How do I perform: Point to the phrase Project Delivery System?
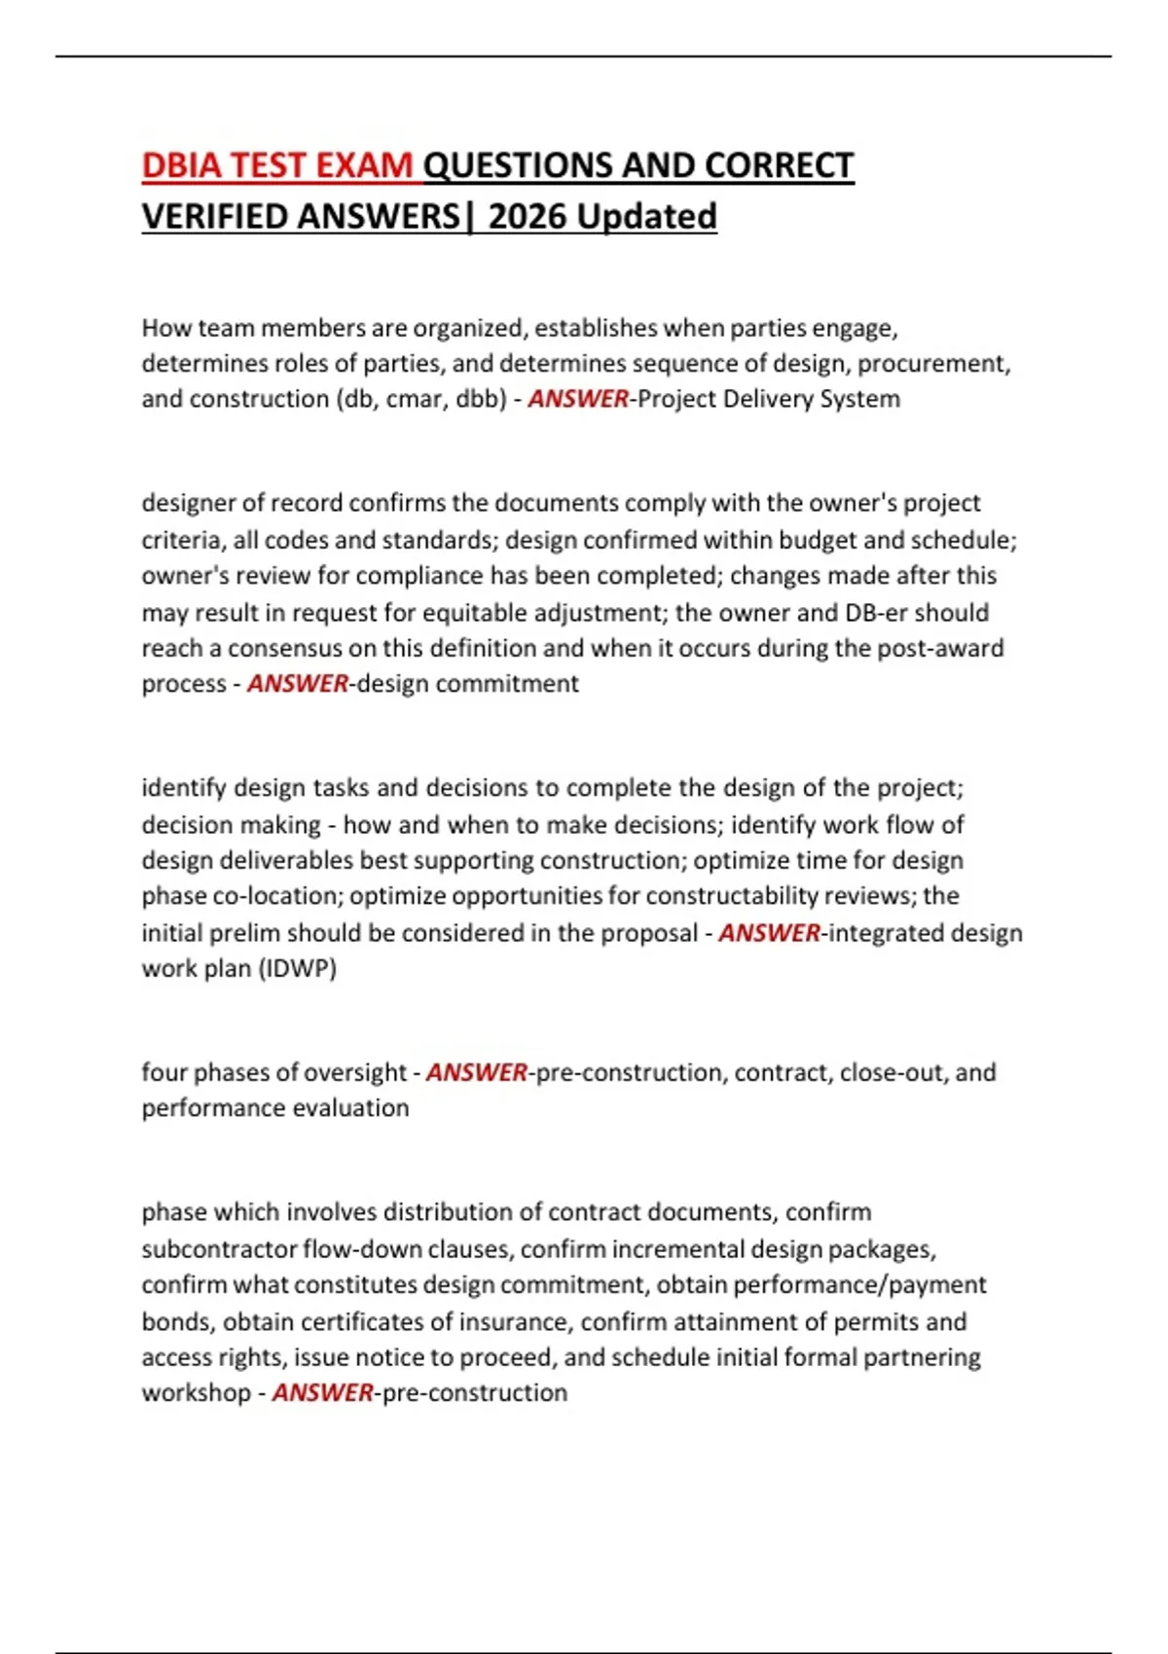[769, 399]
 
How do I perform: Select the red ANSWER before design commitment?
[297, 684]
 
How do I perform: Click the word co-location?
[267, 896]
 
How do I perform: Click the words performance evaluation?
[275, 1108]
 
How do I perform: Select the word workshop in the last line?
[196, 1393]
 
